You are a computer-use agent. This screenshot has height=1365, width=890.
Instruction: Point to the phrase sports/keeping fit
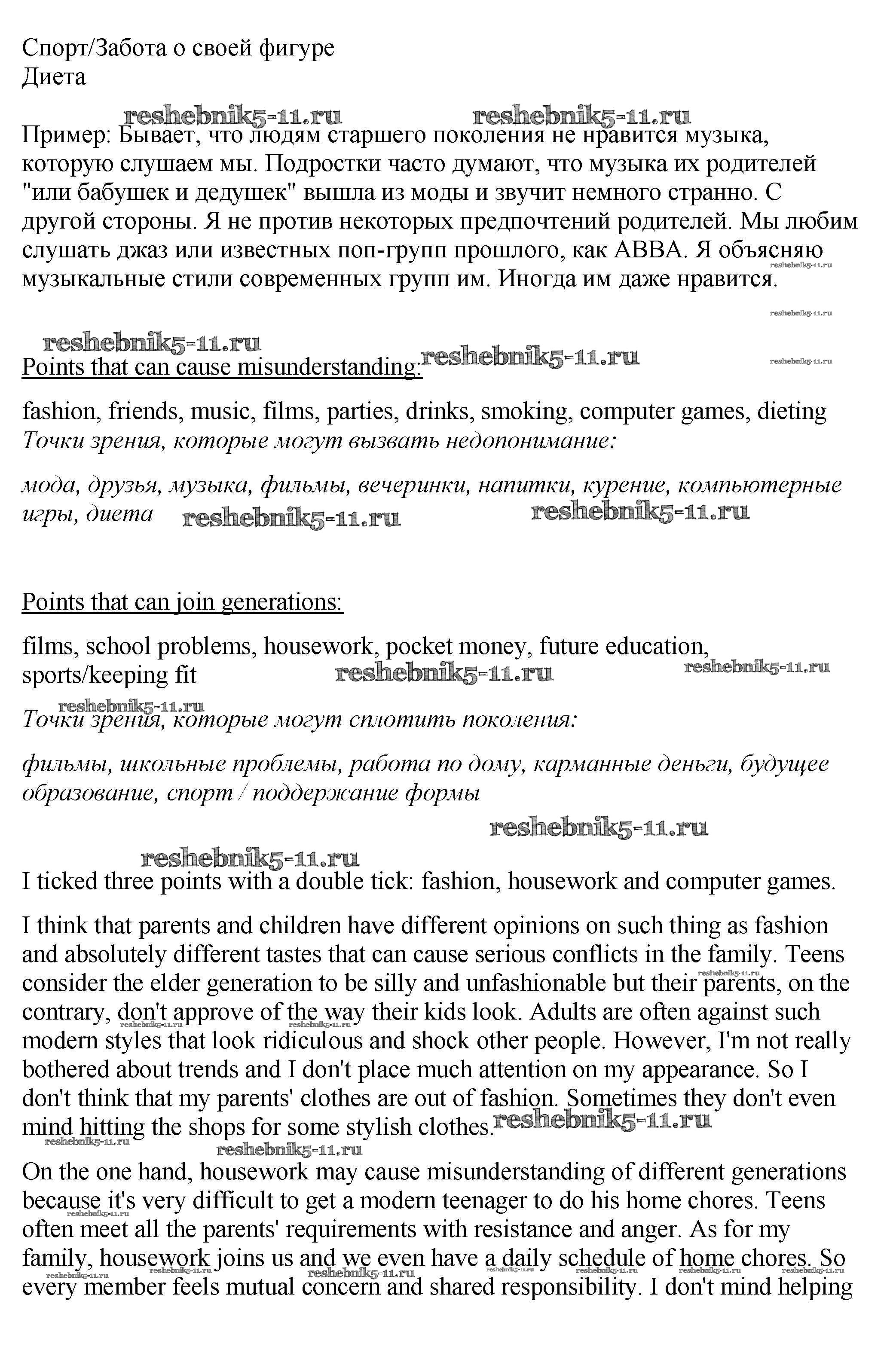coord(109,675)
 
